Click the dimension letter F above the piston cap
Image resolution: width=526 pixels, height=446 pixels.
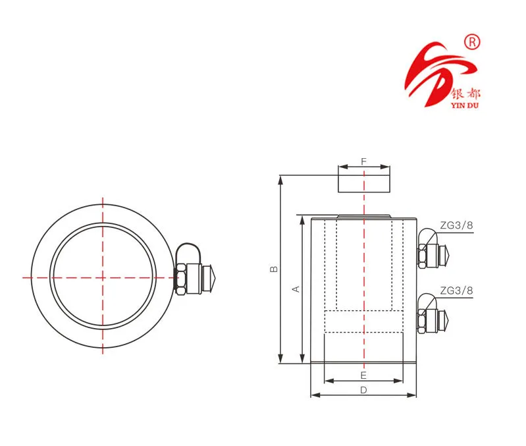363,161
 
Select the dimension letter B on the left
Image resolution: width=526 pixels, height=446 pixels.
274,269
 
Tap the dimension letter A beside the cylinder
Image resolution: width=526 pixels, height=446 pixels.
296,289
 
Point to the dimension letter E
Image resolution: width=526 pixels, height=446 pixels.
363,375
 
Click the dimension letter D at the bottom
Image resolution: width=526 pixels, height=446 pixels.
363,389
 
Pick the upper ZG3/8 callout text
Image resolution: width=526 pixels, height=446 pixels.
456,225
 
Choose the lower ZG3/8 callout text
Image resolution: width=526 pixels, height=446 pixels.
456,290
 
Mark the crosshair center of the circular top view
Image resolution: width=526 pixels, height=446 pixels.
103,277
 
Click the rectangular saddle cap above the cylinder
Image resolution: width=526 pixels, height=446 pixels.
364,179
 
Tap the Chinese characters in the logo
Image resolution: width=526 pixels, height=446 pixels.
468,92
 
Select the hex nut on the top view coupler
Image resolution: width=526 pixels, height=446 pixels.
180,278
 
